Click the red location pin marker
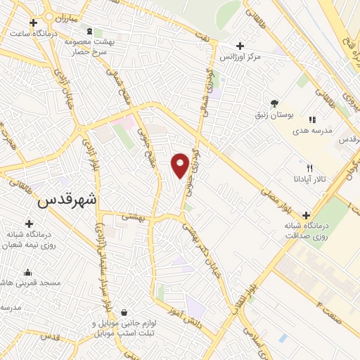pos(180,165)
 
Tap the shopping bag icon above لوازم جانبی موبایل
pos(124,311)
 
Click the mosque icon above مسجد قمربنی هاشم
pos(28,272)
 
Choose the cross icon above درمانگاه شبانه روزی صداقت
pos(305,215)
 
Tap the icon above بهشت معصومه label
pos(89,32)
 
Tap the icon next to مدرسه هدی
pos(311,120)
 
